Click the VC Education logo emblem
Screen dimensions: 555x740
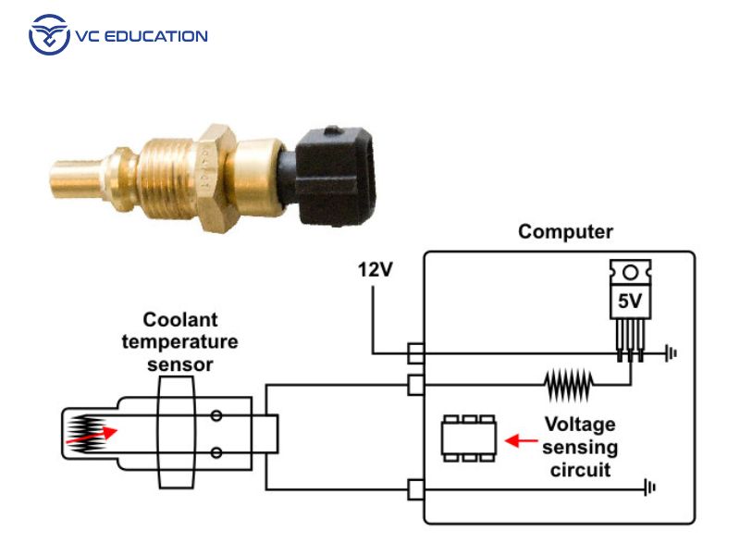[49, 35]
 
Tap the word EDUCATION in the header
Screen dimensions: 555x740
[158, 36]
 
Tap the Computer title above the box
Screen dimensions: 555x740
[565, 231]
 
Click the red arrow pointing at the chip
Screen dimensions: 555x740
[524, 441]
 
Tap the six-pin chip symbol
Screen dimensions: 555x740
[468, 438]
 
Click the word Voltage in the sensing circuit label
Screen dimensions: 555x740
[579, 425]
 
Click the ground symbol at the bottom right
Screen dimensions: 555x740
[653, 487]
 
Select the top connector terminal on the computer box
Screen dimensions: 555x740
[415, 352]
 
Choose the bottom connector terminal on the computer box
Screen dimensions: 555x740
[415, 487]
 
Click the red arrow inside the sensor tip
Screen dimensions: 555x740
[105, 431]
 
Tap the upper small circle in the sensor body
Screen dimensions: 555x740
[216, 416]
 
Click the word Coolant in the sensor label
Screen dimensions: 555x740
[180, 320]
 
